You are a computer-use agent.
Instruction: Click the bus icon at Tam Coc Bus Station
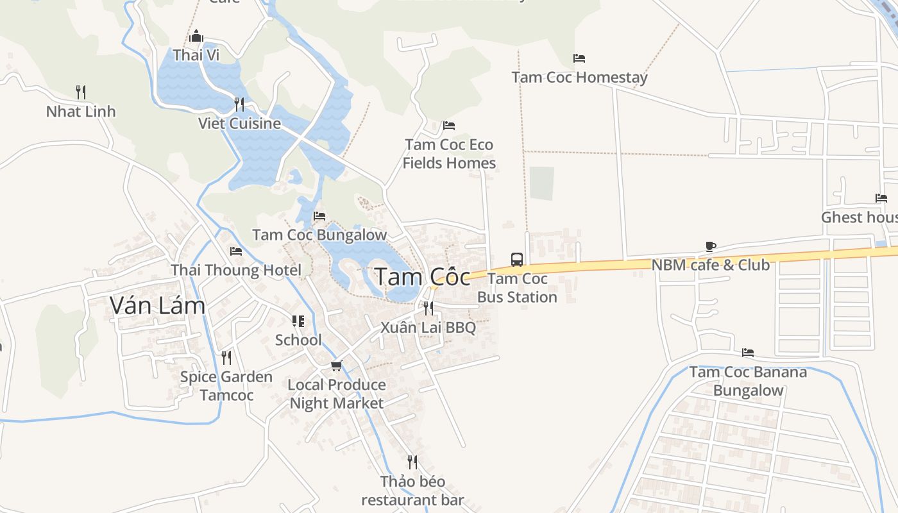click(x=516, y=259)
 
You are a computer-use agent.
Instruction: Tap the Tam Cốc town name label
click(x=422, y=277)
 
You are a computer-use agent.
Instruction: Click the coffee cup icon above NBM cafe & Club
click(x=710, y=246)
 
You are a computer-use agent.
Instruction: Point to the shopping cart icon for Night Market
click(x=336, y=366)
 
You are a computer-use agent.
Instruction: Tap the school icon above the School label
click(x=298, y=321)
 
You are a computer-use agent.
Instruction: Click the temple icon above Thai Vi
click(x=196, y=36)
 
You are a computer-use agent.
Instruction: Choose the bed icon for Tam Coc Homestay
click(x=579, y=58)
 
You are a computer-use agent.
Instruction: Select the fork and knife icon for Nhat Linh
click(x=81, y=92)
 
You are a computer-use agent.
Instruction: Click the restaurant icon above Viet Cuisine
click(x=239, y=104)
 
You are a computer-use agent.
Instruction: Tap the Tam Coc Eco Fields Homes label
click(x=449, y=154)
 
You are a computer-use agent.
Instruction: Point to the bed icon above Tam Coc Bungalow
click(x=319, y=216)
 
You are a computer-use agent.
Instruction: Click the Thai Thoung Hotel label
click(x=235, y=270)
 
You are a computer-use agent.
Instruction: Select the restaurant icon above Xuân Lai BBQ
click(x=428, y=308)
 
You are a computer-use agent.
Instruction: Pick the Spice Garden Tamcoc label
click(x=226, y=385)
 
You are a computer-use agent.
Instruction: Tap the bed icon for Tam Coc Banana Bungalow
click(x=747, y=353)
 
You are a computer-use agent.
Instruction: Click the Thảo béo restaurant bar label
click(x=412, y=491)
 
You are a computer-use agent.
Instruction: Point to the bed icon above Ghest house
click(x=881, y=198)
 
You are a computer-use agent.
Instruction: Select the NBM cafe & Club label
click(x=710, y=265)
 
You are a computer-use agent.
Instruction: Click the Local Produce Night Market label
click(x=337, y=394)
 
